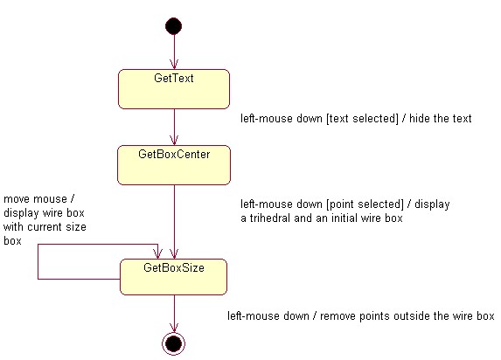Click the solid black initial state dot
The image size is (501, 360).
[x=173, y=26]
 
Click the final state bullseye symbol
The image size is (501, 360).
[x=173, y=343]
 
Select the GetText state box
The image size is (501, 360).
[x=174, y=89]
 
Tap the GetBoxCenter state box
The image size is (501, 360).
[x=174, y=165]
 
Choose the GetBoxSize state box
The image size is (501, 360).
[x=173, y=277]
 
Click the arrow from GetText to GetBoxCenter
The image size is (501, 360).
[x=174, y=127]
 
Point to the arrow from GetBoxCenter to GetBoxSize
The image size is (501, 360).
[x=174, y=222]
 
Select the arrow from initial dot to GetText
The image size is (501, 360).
[x=174, y=52]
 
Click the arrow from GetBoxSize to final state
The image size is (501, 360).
[x=174, y=314]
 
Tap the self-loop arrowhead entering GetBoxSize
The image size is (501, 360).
[x=158, y=254]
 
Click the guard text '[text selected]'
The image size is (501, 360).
[x=362, y=119]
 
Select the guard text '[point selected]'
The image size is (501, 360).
[x=365, y=204]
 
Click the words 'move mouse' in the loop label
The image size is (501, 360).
[x=36, y=199]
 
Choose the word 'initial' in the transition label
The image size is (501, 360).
[x=345, y=218]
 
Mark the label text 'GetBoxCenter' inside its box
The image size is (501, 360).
[x=174, y=155]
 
